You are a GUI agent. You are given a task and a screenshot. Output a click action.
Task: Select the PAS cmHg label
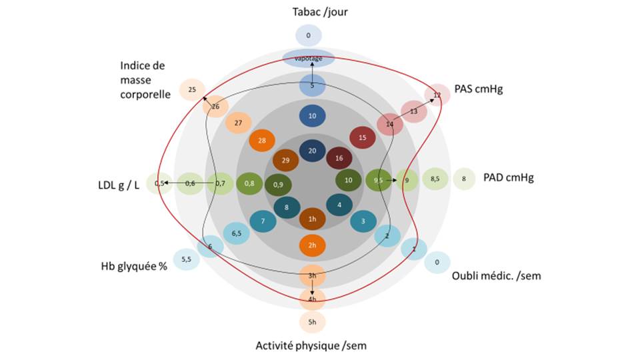[478, 89]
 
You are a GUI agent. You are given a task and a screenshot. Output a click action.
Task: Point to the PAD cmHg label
[508, 178]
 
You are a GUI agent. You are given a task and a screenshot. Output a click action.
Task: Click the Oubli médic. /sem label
[496, 275]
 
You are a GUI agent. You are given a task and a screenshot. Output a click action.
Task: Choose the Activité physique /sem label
[311, 345]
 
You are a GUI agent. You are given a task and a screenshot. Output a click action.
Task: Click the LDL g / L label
[118, 184]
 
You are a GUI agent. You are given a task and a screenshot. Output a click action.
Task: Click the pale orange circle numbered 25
[192, 89]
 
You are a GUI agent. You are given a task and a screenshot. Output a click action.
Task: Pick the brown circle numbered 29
[285, 161]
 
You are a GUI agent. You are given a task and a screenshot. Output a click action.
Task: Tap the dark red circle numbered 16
[339, 159]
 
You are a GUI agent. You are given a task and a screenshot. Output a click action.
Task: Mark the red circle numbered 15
[363, 138]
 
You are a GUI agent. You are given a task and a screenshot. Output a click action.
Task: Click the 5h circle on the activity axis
[312, 323]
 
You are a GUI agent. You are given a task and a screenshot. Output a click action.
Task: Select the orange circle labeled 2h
[312, 245]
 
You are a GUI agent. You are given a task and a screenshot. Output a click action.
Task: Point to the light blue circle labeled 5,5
[186, 259]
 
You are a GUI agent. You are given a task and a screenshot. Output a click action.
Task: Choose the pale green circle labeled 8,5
[435, 179]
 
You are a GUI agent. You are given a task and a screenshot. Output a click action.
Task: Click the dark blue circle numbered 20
[312, 151]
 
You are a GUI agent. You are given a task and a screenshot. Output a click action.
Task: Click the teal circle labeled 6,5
[237, 233]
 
